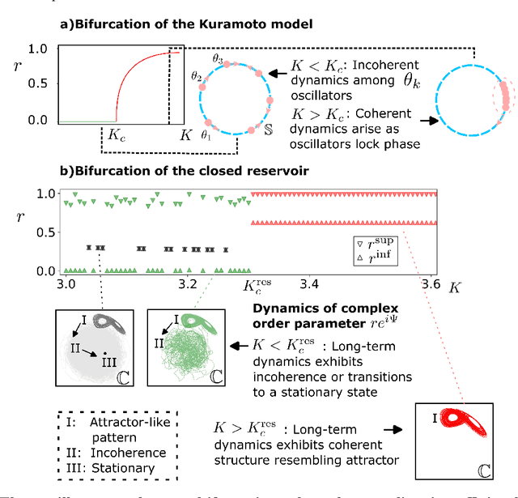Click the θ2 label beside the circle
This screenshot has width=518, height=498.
click(x=197, y=74)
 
